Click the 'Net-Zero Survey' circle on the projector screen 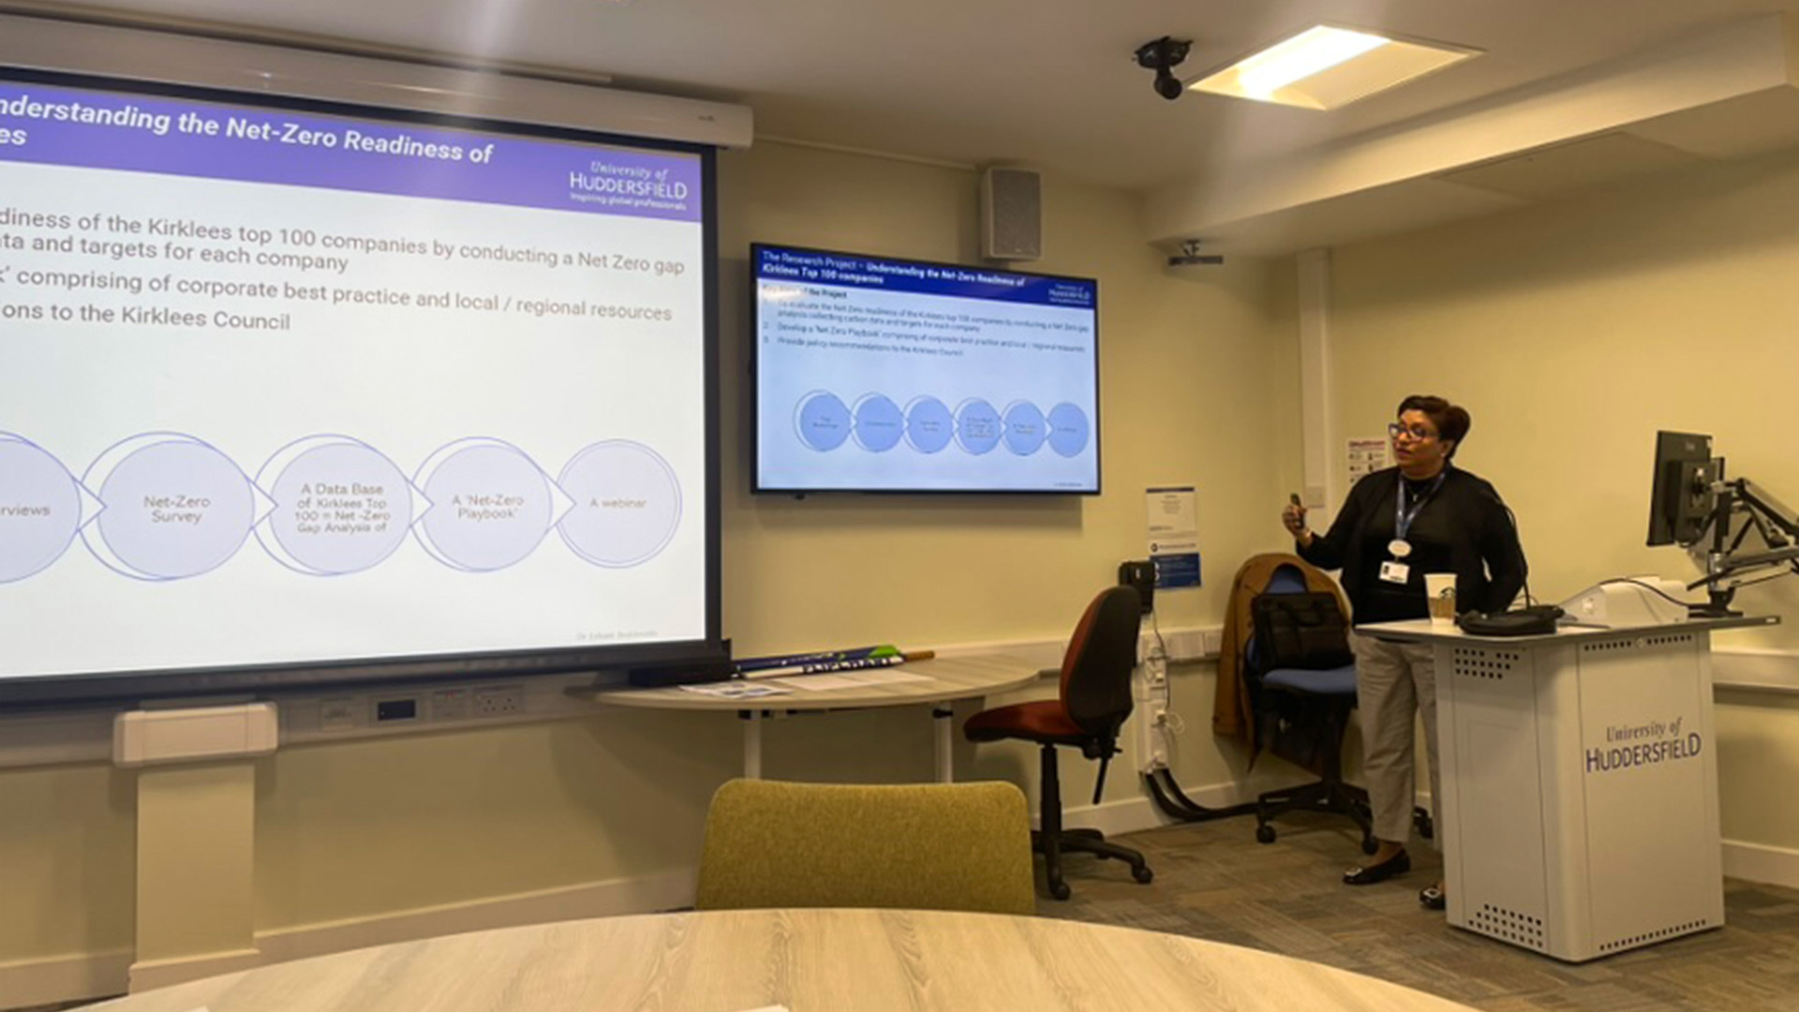click(x=175, y=508)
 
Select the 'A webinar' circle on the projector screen click(x=618, y=504)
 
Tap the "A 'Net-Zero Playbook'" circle click(x=486, y=506)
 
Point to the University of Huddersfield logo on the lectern click(x=1642, y=746)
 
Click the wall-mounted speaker click(x=1011, y=213)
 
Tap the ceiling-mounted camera click(x=1163, y=66)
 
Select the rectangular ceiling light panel click(x=1331, y=66)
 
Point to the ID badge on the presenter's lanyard click(x=1393, y=571)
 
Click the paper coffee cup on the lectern click(x=1440, y=597)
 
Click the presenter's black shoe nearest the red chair click(x=1375, y=869)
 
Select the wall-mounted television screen click(x=925, y=369)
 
